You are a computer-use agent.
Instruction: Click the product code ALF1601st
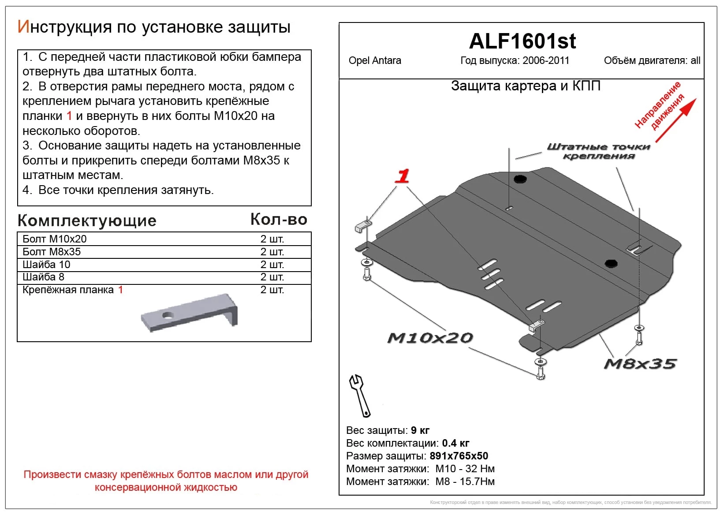(x=522, y=41)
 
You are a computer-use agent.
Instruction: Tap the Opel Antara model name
(x=374, y=61)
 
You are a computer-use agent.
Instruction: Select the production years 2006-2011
(x=545, y=61)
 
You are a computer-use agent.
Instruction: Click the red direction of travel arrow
(x=675, y=120)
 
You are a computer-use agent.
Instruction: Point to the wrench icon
(x=360, y=395)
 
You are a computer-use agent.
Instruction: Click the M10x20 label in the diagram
(x=430, y=338)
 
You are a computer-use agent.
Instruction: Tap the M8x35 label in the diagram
(x=640, y=364)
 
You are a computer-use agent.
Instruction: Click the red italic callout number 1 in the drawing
(x=402, y=176)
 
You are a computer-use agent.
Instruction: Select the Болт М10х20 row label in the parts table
(x=55, y=239)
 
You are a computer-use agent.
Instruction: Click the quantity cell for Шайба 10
(x=272, y=265)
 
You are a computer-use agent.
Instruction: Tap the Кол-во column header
(x=279, y=219)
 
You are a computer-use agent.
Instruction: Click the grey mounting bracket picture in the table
(x=190, y=313)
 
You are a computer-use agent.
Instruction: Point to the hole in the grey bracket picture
(x=168, y=315)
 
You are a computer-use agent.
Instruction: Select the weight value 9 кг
(x=420, y=430)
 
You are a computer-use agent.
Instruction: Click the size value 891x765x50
(x=459, y=456)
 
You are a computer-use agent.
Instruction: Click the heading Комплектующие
(x=87, y=220)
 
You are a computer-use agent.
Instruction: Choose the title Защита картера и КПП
(x=526, y=86)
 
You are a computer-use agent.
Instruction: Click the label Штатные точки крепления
(x=598, y=151)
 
